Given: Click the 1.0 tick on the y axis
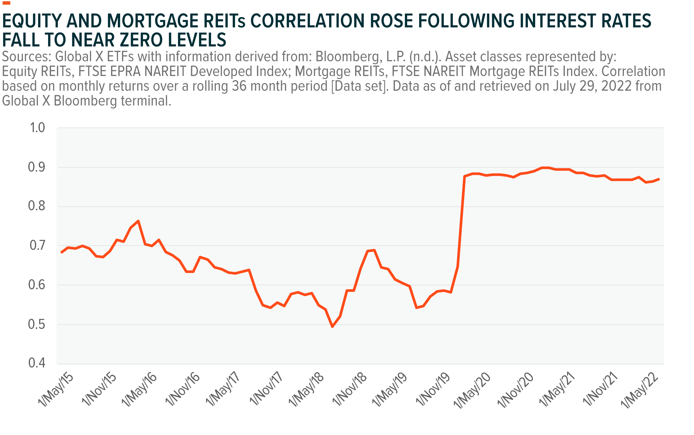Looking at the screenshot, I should [x=37, y=127].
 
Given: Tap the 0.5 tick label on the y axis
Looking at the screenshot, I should [x=37, y=324].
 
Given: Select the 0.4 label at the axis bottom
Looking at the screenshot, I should [x=37, y=363].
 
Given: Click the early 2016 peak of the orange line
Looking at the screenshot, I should [x=138, y=221].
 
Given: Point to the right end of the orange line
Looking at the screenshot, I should [x=659, y=179].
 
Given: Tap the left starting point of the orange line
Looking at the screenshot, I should [x=61, y=253].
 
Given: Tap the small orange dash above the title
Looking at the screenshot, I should [x=6, y=3].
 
